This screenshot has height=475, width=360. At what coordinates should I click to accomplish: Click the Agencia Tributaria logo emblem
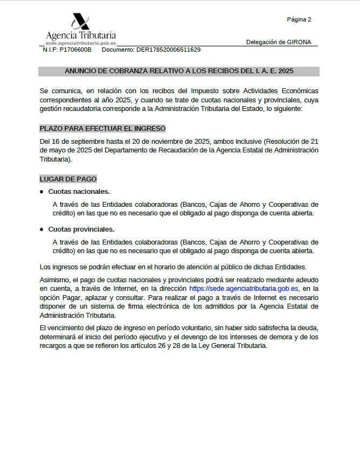(80, 22)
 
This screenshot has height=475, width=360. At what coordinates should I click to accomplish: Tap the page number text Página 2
(299, 20)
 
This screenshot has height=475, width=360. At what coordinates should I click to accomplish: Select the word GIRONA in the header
(300, 42)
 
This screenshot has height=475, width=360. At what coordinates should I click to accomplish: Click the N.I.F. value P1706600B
(75, 50)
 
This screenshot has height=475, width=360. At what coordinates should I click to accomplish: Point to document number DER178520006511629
(168, 50)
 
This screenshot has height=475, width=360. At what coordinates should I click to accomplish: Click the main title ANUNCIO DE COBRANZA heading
(179, 71)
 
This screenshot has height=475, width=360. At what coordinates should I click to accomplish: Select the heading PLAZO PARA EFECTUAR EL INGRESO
(102, 128)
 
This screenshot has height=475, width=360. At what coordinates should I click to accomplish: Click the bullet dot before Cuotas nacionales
(41, 192)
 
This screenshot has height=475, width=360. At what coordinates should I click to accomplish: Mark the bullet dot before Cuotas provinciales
(41, 229)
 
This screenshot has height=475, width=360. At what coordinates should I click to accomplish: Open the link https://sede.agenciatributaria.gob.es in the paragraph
(244, 289)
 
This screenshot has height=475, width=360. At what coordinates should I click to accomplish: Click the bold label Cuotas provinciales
(81, 229)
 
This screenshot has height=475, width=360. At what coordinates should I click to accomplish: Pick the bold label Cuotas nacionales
(79, 192)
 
